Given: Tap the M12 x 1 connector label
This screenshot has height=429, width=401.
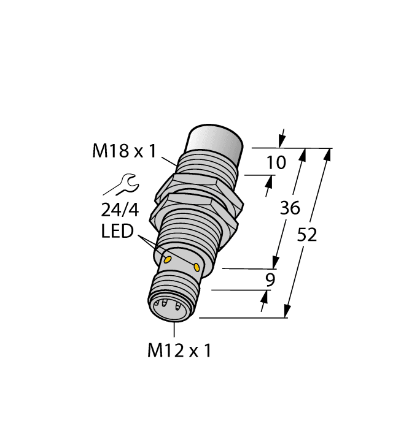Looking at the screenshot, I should coord(179,351).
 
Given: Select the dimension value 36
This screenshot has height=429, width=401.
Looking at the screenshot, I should coord(289,208).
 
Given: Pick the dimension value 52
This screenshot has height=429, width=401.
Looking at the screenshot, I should coord(307,233).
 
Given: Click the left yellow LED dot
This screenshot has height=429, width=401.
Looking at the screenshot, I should coord(166,260).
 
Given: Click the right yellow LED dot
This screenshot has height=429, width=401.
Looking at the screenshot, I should coord(197,267).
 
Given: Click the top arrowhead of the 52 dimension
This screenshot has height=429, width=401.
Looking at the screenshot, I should coord(327,154).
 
